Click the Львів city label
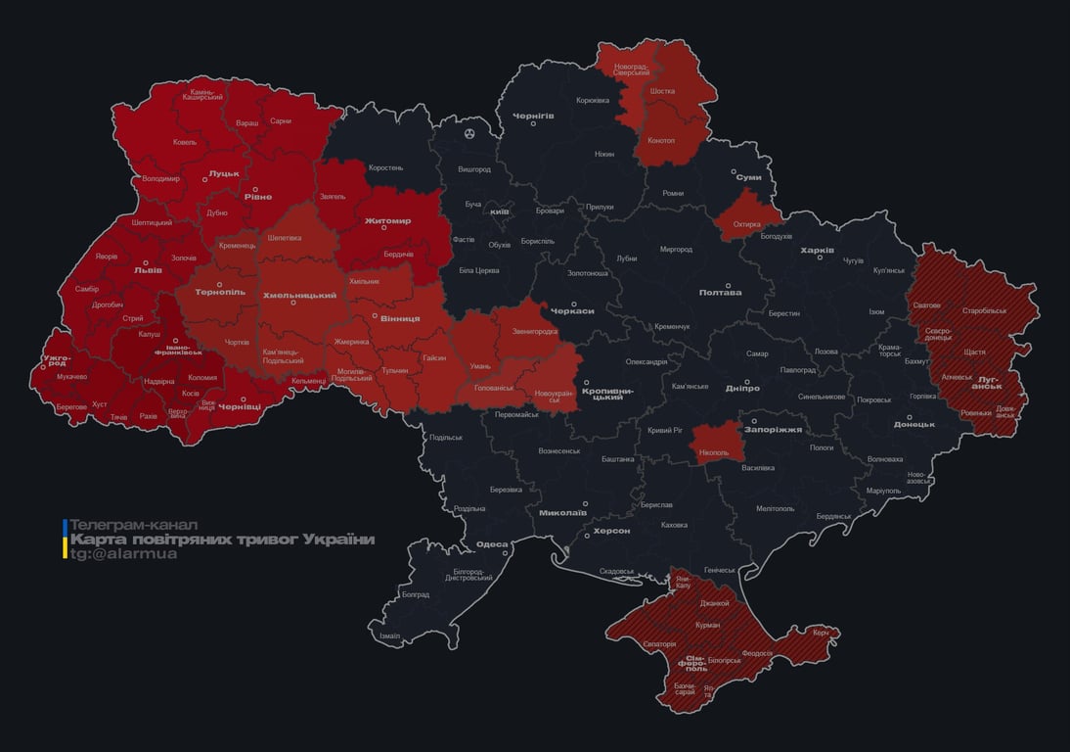pyautogui.click(x=148, y=271)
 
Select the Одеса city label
pyautogui.click(x=491, y=545)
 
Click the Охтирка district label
pyautogui.click(x=746, y=224)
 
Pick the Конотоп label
pyautogui.click(x=660, y=140)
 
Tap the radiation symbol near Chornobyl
pyautogui.click(x=470, y=133)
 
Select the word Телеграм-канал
pyautogui.click(x=134, y=525)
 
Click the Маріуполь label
pyautogui.click(x=882, y=490)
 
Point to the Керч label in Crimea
pyautogui.click(x=820, y=633)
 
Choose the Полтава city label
pyautogui.click(x=720, y=292)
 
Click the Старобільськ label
pyautogui.click(x=984, y=310)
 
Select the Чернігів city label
pyautogui.click(x=534, y=116)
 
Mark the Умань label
pyautogui.click(x=480, y=365)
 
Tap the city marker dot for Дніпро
pyautogui.click(x=745, y=382)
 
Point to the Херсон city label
pyautogui.click(x=611, y=530)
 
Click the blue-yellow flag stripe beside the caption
pyautogui.click(x=65, y=540)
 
